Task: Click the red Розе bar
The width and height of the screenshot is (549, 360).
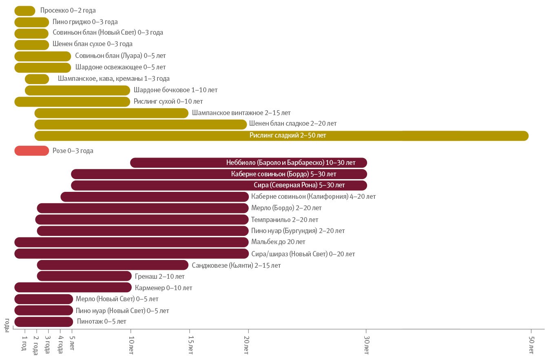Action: pyautogui.click(x=31, y=151)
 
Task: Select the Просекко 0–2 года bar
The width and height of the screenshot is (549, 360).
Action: pyautogui.click(x=25, y=11)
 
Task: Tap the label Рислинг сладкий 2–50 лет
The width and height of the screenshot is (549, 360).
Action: pyautogui.click(x=288, y=135)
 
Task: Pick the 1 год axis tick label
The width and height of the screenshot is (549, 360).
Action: pyautogui.click(x=24, y=344)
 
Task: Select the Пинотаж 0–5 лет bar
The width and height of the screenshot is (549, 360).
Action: pyautogui.click(x=43, y=322)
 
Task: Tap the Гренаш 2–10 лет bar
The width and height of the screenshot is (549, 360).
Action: pyautogui.click(x=84, y=276)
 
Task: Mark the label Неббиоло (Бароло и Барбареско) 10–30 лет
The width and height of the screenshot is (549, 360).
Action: pyautogui.click(x=291, y=162)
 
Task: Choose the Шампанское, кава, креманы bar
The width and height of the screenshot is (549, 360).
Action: pyautogui.click(x=37, y=79)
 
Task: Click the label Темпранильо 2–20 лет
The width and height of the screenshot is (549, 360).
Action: pyautogui.click(x=285, y=220)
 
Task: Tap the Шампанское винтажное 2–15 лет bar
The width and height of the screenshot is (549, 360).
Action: pyautogui.click(x=111, y=113)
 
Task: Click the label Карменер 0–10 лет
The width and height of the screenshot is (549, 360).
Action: pyautogui.click(x=163, y=288)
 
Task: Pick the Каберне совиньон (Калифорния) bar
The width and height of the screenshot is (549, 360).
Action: pyautogui.click(x=155, y=197)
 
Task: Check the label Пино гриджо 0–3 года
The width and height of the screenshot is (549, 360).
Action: pyautogui.click(x=85, y=22)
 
